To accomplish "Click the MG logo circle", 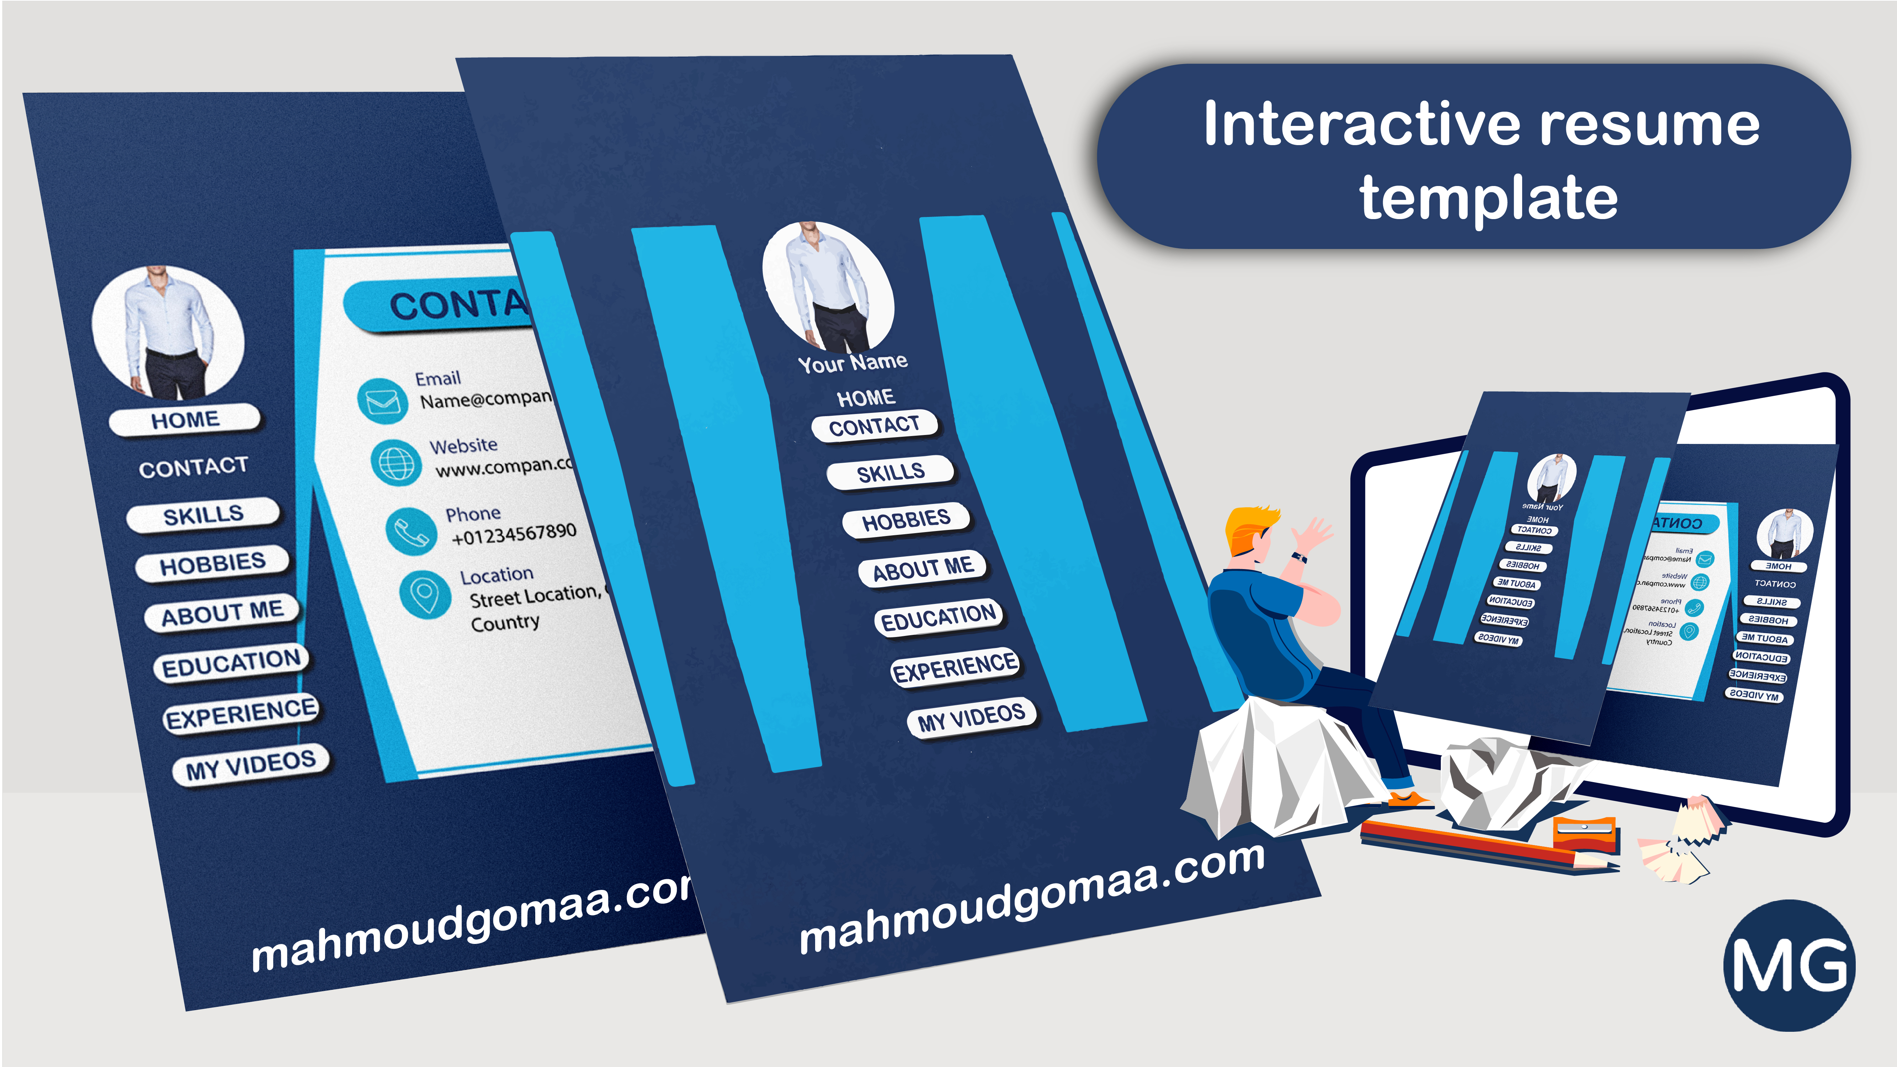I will point(1788,965).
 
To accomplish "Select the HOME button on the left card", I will point(185,420).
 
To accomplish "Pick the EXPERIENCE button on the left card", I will point(241,713).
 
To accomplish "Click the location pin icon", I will point(425,593).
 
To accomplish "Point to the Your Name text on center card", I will point(853,362).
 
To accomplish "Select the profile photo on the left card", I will point(168,331).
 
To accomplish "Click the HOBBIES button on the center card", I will point(907,520).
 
